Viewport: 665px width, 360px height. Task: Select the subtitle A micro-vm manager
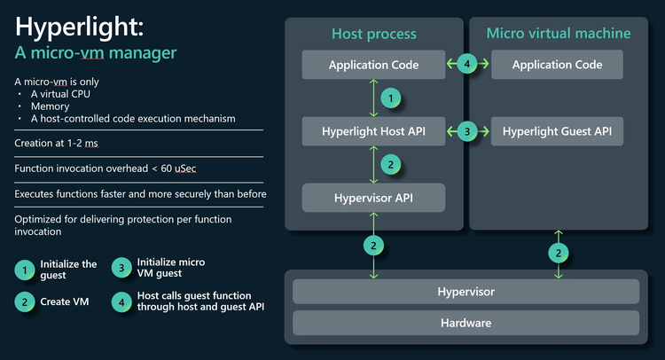tap(96, 53)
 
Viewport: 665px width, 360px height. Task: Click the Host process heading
tap(373, 35)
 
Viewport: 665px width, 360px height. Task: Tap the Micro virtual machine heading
tap(559, 34)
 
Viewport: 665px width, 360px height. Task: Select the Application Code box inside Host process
tap(373, 65)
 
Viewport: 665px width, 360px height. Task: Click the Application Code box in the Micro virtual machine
tap(558, 65)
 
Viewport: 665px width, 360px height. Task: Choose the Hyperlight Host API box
tap(373, 131)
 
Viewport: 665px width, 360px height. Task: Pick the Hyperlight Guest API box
tap(558, 131)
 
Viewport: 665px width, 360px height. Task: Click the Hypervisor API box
tap(373, 198)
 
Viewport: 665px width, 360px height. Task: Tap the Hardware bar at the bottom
tap(465, 323)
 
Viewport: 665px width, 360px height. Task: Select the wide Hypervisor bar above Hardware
tap(465, 291)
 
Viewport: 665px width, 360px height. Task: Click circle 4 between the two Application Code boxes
tap(468, 64)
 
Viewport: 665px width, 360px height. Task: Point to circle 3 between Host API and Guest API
tap(468, 131)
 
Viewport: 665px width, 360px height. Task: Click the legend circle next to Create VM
tap(26, 301)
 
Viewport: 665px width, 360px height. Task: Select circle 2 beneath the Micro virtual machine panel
tap(558, 254)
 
